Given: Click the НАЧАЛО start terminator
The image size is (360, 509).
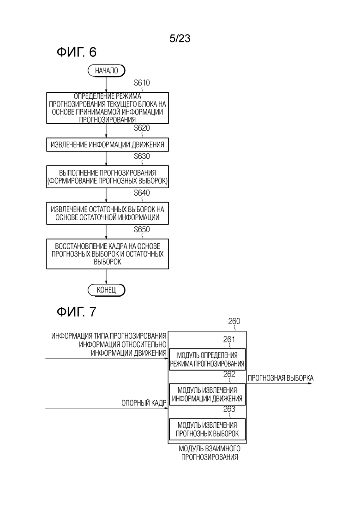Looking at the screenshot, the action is (x=107, y=71).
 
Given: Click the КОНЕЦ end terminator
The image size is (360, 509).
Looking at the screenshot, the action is (x=107, y=290).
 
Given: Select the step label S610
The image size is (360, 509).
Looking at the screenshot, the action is (x=142, y=83).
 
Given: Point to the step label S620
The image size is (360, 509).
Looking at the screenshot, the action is (x=142, y=128).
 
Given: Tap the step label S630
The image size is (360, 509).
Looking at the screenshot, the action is (x=142, y=156).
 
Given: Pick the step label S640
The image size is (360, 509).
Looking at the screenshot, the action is (x=142, y=193).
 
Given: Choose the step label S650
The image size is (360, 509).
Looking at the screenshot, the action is (x=142, y=229).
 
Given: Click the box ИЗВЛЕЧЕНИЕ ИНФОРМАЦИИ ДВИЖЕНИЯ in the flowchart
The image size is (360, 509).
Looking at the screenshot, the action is (x=108, y=145).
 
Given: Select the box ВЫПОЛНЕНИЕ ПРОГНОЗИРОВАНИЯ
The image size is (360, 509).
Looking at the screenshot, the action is (x=108, y=177).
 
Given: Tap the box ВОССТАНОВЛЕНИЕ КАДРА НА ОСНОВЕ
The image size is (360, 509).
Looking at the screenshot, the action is (x=108, y=254).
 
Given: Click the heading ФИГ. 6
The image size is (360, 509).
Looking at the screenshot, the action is (x=77, y=52).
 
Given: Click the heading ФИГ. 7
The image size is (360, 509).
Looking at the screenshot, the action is (x=77, y=311).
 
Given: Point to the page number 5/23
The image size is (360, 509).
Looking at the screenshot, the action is (x=180, y=39).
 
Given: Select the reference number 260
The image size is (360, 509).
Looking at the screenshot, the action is (x=234, y=321).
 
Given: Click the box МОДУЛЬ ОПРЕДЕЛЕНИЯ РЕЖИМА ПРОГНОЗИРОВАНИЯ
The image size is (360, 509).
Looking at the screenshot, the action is (x=207, y=359).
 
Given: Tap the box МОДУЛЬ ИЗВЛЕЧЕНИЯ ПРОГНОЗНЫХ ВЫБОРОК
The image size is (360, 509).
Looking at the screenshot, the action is (x=207, y=429).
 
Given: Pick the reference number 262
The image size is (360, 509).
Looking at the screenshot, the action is (x=229, y=374).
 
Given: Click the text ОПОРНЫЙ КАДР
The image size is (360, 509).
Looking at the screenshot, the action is (x=144, y=403).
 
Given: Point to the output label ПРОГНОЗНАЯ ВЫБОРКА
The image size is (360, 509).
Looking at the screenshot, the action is (x=281, y=378).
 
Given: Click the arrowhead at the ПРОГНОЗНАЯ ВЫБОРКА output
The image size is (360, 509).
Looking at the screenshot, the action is (x=310, y=383).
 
